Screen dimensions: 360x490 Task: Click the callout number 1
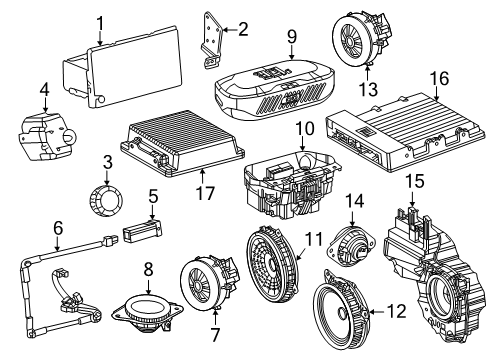pos(100,21)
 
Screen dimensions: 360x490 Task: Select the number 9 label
pos(291,37)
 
